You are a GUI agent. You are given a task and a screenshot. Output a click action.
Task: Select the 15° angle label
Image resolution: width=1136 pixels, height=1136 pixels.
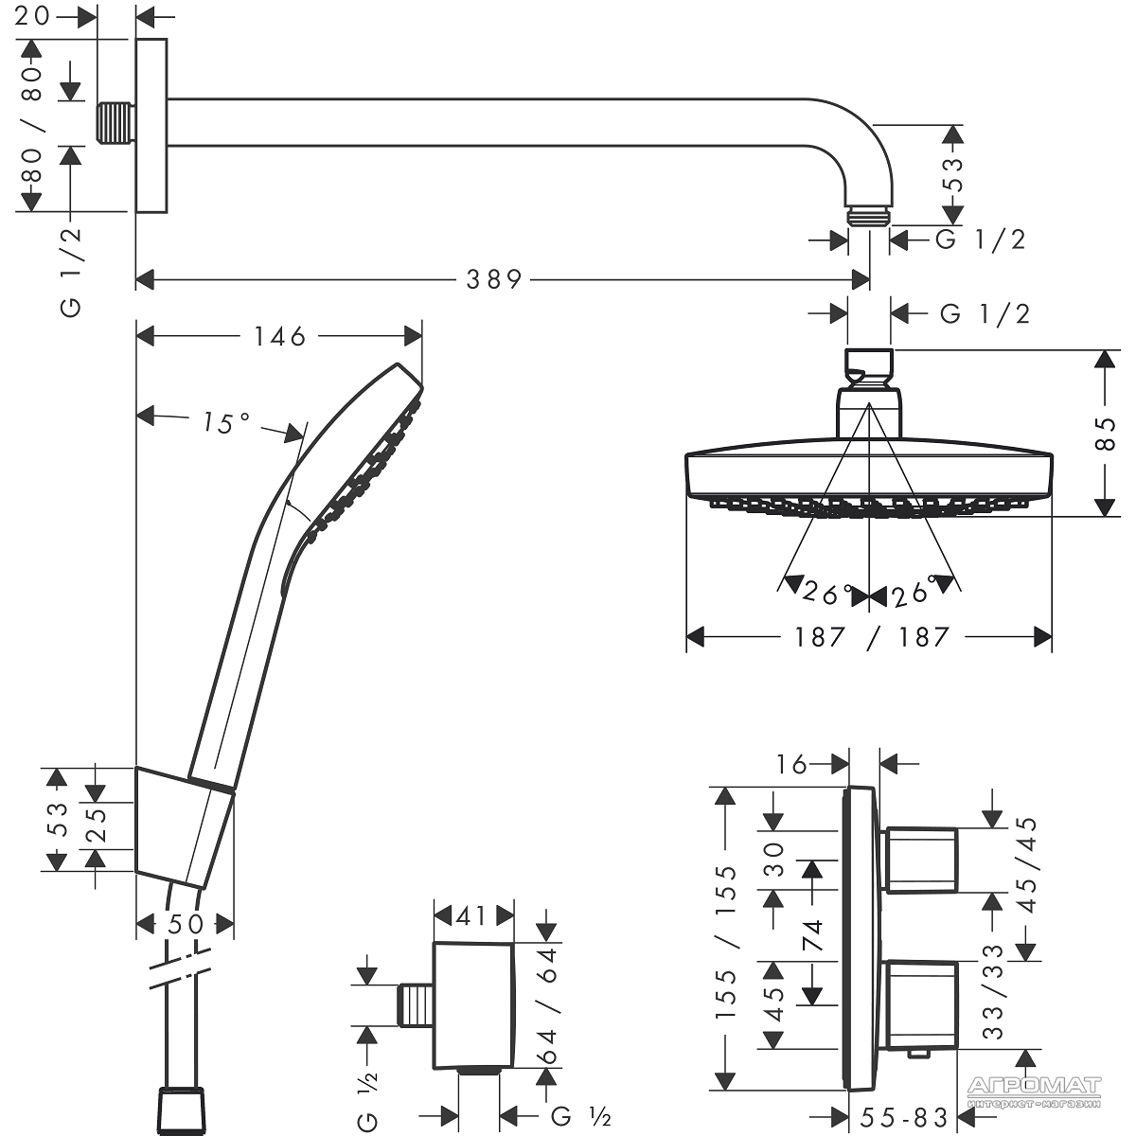click(x=224, y=423)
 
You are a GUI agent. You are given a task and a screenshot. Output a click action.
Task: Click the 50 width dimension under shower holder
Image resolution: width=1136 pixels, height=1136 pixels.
click(x=186, y=923)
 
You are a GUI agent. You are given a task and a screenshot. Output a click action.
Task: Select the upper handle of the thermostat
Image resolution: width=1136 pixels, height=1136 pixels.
click(x=921, y=860)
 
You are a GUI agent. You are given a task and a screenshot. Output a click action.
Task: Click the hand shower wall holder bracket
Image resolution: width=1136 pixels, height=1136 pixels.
click(x=185, y=826)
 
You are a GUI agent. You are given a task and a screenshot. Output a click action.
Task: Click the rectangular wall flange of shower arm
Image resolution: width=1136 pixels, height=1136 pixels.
click(x=151, y=126)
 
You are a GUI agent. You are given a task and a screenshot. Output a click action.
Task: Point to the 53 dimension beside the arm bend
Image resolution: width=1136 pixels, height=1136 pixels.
click(x=953, y=175)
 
